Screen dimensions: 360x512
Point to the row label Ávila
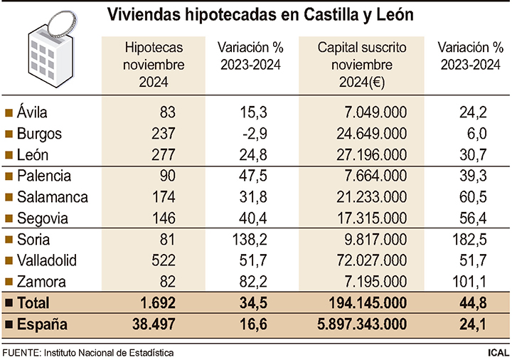[33, 112]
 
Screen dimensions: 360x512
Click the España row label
[42, 325]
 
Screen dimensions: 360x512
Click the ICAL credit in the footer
[498, 352]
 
